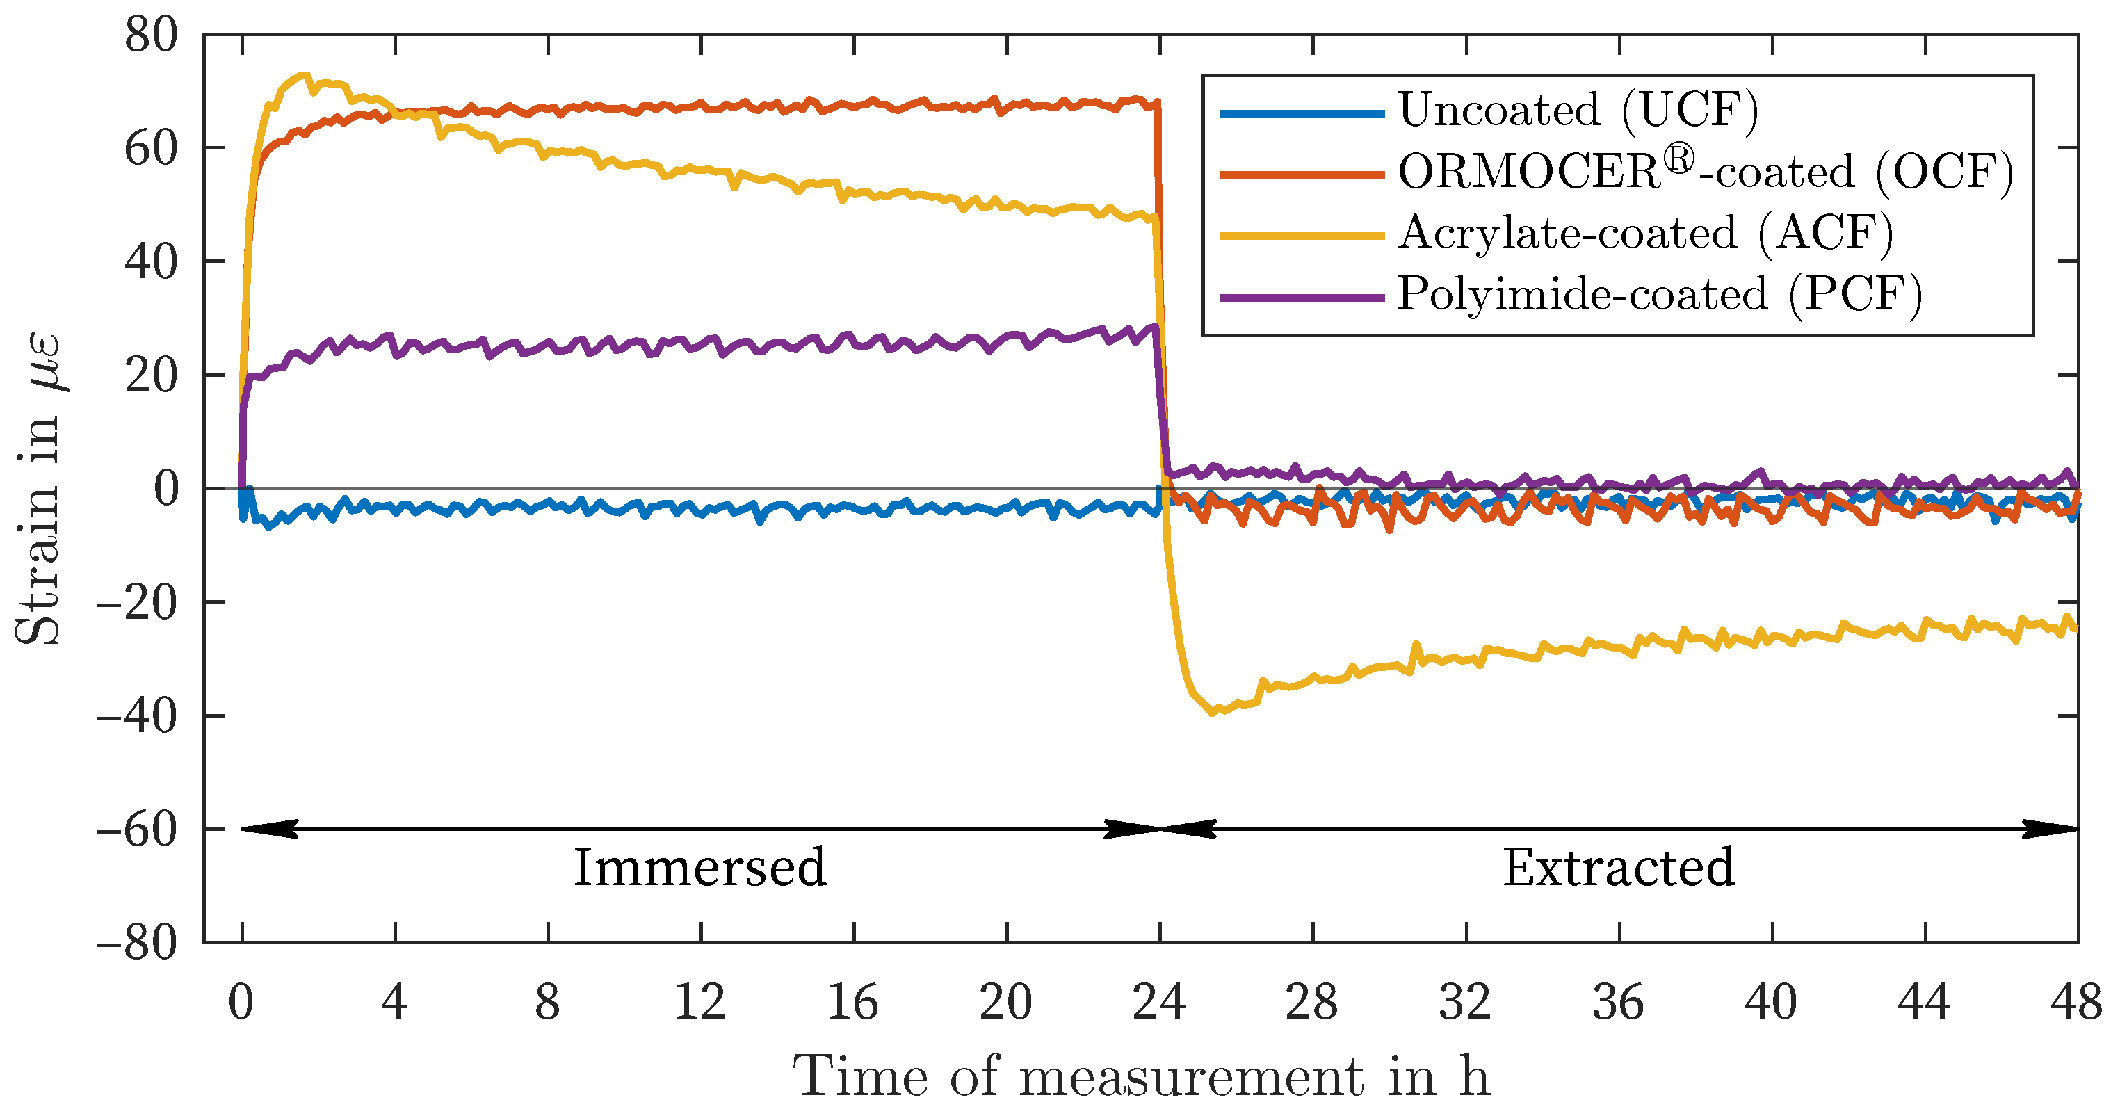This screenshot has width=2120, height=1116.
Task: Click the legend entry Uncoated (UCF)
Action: [1578, 111]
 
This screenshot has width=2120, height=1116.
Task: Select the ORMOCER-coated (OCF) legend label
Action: [1705, 172]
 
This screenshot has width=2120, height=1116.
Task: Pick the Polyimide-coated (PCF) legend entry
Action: [1660, 295]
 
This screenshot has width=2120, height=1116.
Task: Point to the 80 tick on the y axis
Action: [152, 36]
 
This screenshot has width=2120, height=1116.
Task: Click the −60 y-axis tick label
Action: [138, 830]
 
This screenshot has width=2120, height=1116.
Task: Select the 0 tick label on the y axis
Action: [166, 490]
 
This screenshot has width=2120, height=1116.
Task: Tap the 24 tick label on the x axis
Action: [1159, 1003]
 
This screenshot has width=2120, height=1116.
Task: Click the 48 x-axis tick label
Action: [2076, 1003]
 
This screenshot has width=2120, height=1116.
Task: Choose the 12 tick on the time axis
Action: [699, 1003]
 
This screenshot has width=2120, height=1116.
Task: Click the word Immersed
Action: [699, 868]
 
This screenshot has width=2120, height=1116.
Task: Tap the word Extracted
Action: [1619, 868]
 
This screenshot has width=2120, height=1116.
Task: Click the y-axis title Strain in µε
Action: [40, 489]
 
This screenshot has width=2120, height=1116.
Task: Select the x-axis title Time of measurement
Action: [1140, 1077]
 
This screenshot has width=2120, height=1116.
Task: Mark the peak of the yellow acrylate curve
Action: [305, 75]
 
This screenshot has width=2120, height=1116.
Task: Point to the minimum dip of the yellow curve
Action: [1211, 713]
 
